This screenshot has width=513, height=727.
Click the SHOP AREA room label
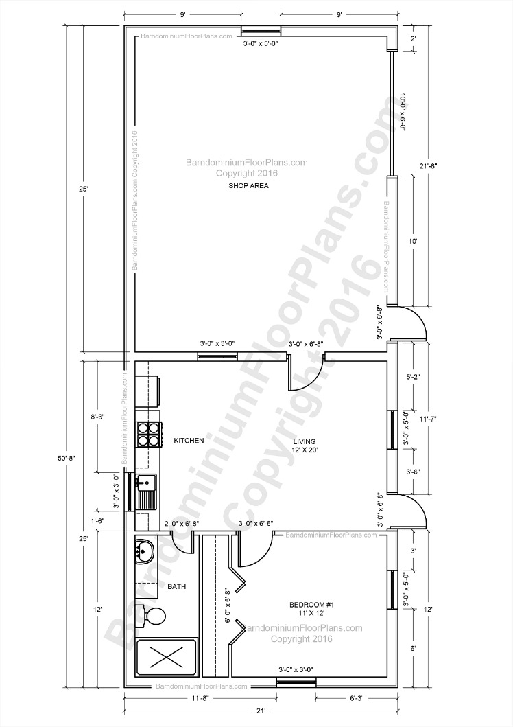tap(249, 186)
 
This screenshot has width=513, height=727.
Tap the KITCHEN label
tap(189, 441)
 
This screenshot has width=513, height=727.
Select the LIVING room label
tap(304, 441)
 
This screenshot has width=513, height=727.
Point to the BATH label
tap(177, 586)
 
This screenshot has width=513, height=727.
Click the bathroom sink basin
tap(145, 551)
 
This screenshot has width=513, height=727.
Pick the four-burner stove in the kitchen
tap(149, 435)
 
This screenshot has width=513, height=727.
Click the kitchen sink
tap(146, 491)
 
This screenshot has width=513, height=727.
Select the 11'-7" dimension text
tap(428, 419)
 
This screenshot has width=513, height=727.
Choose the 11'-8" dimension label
tap(200, 697)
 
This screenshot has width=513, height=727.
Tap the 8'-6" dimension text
tap(98, 416)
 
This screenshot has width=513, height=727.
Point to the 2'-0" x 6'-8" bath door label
tap(182, 524)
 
